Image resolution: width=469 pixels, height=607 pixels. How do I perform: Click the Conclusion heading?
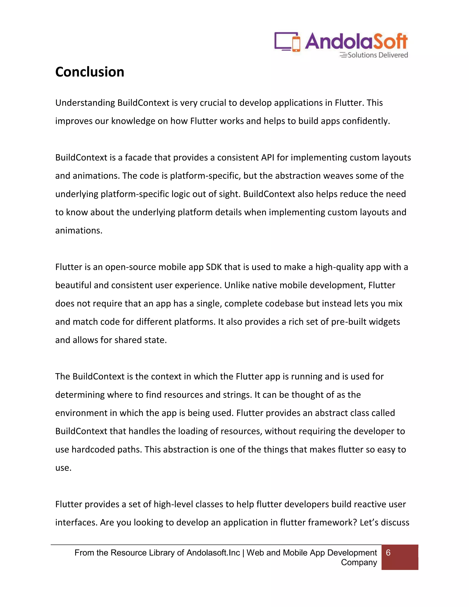90,72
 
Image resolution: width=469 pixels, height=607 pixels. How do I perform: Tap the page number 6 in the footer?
388,553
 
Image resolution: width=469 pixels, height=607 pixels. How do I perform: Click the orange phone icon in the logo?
297,44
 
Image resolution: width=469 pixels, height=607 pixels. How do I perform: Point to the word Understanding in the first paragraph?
85,103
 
